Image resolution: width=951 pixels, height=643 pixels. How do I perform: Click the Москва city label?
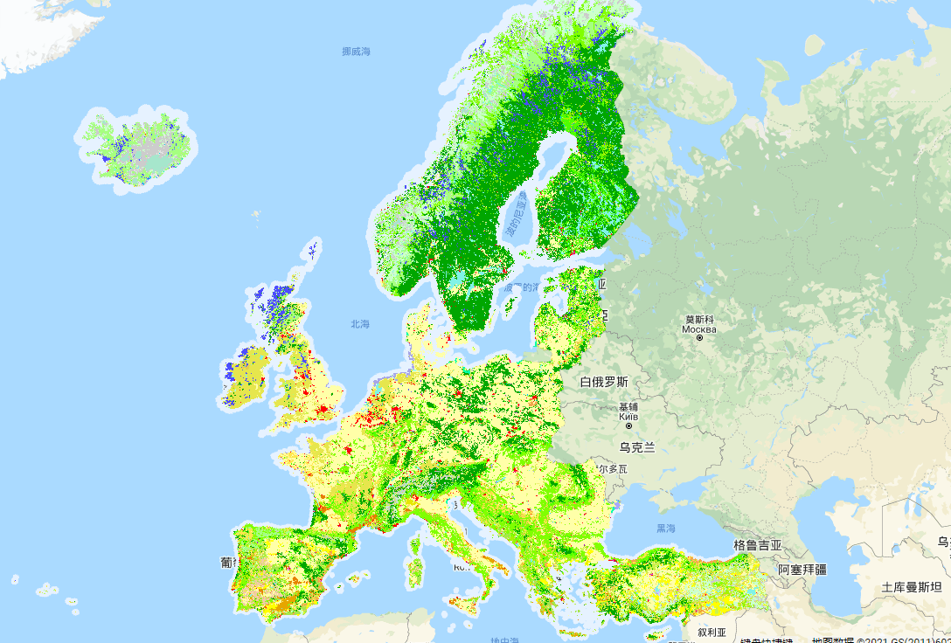699,329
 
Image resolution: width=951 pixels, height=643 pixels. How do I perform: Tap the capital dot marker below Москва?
699,338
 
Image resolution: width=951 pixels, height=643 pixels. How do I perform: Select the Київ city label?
628,417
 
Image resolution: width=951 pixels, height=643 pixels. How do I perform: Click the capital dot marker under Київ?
628,425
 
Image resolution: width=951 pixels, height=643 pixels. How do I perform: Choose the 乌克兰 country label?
637,447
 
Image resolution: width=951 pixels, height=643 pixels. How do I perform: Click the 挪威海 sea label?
356,52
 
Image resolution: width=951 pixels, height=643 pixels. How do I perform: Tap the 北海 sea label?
360,324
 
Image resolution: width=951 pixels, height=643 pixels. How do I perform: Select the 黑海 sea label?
666,529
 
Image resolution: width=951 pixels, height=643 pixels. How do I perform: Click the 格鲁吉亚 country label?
758,545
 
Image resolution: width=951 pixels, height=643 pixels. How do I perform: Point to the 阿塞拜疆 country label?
802,569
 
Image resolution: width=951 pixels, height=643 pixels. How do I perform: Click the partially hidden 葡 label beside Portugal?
226,563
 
